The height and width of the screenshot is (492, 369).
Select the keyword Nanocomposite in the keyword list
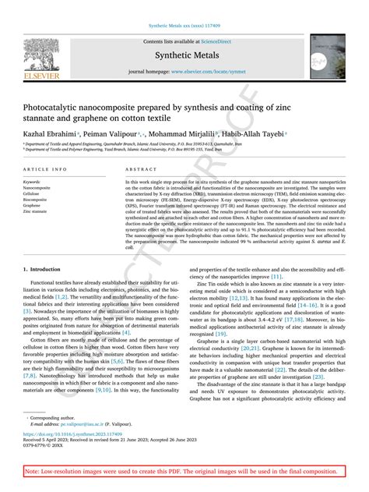tap(37, 188)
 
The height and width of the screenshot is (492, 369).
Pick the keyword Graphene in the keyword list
tap(32, 205)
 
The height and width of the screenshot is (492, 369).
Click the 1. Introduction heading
tap(44, 269)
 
